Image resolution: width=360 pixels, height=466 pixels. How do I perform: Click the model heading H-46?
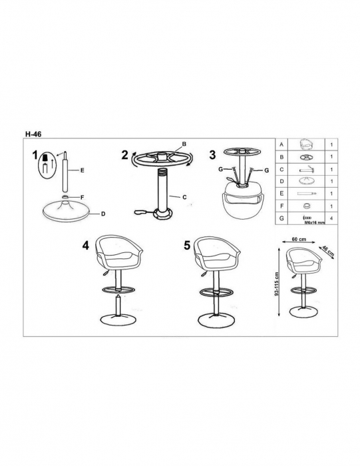[x=33, y=134]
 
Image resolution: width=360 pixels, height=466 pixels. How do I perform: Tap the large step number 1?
[x=35, y=155]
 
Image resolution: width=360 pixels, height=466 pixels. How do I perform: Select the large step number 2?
[x=124, y=155]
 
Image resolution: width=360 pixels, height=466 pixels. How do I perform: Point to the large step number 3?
[x=212, y=155]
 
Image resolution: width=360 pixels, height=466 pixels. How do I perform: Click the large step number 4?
[x=86, y=246]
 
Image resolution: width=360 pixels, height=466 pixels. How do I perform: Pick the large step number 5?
[x=187, y=246]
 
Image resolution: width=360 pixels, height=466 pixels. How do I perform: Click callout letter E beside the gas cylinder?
[x=83, y=170]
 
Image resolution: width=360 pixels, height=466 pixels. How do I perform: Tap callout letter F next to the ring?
[x=83, y=197]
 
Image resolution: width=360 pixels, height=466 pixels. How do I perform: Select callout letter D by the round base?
[x=103, y=214]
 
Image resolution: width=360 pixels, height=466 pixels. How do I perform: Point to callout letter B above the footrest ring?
[x=184, y=144]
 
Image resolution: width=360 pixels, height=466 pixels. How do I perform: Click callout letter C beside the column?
[x=184, y=197]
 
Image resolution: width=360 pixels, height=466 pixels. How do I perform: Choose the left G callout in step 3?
[x=221, y=169]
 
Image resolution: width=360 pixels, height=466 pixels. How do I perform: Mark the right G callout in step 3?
[x=266, y=170]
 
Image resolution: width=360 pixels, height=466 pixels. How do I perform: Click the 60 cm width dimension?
[x=299, y=239]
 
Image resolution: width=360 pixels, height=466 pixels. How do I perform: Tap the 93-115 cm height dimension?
[x=277, y=284]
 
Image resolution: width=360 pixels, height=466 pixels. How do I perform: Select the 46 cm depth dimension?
[x=328, y=252]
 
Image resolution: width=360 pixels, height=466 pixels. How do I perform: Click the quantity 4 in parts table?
[x=331, y=218]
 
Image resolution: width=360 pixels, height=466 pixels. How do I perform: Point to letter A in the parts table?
[x=281, y=144]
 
